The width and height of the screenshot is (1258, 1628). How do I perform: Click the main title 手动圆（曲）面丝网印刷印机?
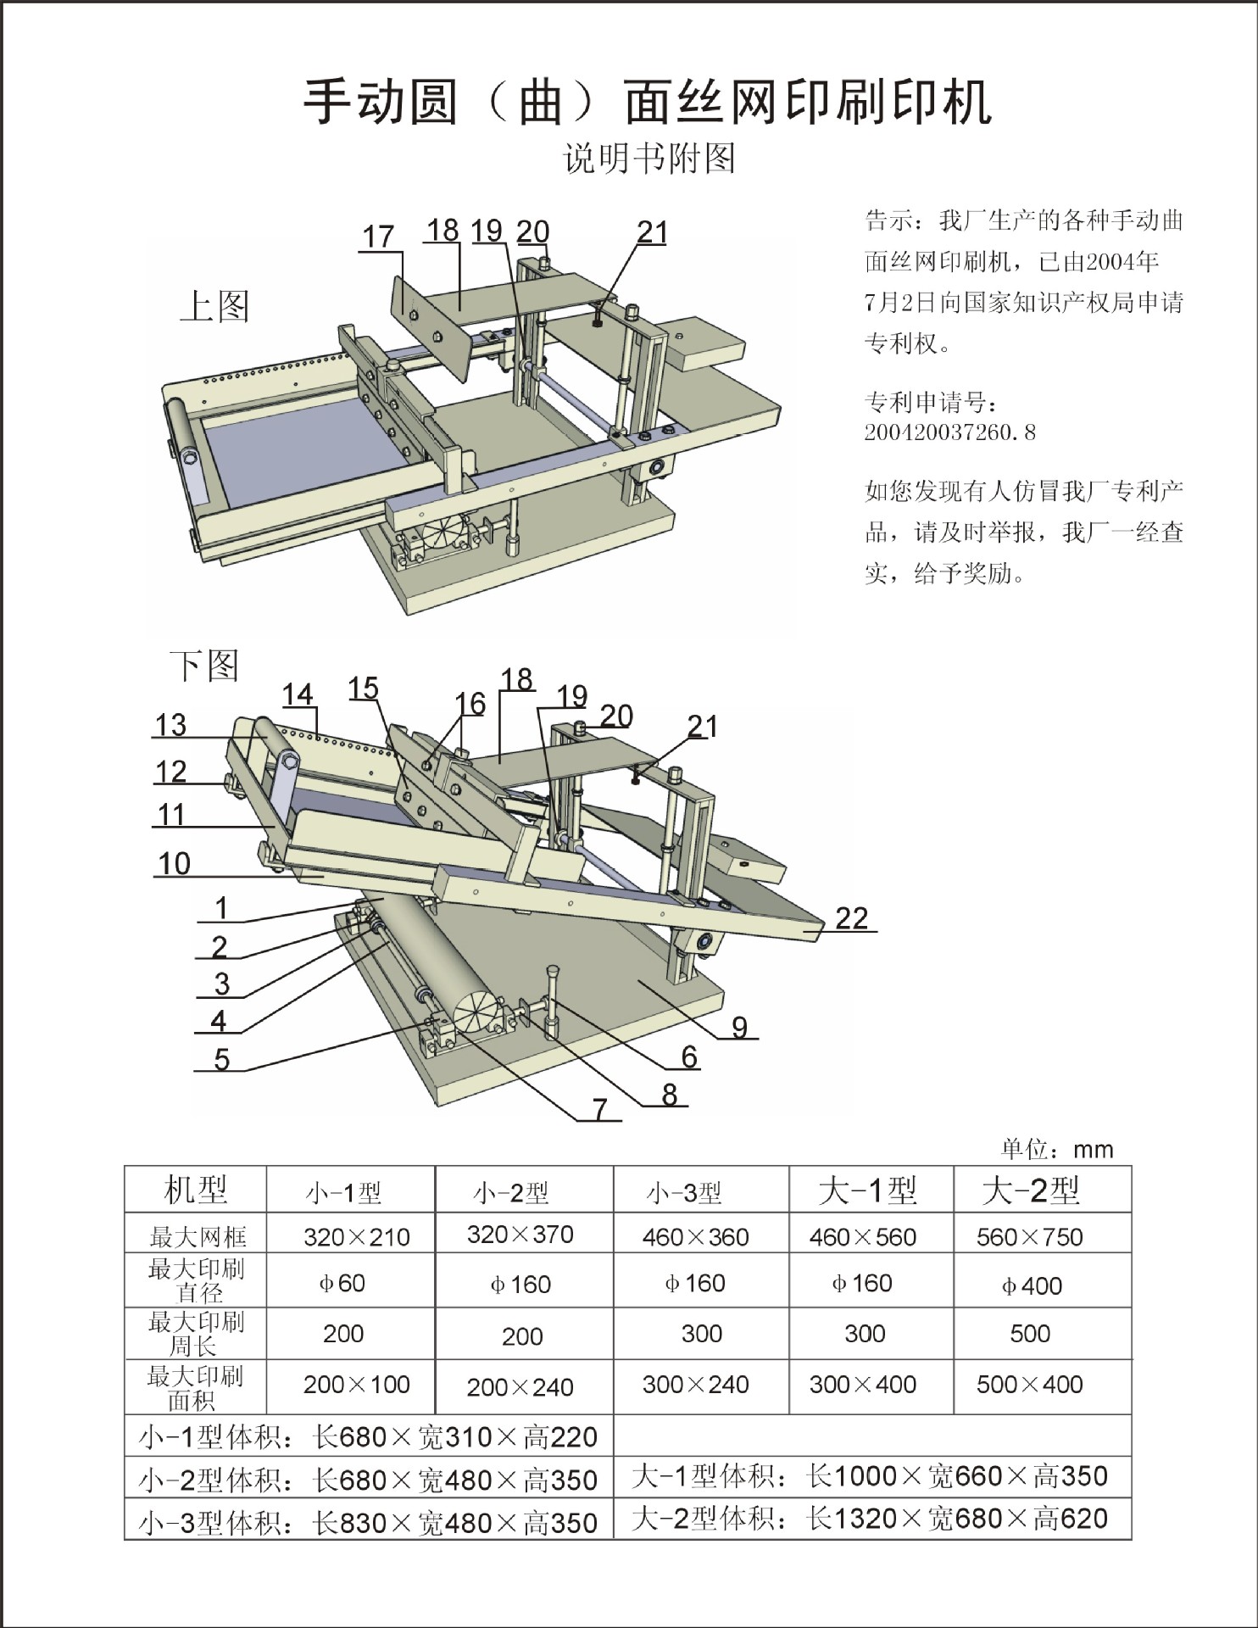[x=648, y=102]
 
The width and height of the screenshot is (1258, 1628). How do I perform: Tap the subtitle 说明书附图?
[x=649, y=159]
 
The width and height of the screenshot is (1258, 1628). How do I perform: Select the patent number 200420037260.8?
[x=949, y=432]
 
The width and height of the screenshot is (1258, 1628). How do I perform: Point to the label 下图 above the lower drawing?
[x=204, y=666]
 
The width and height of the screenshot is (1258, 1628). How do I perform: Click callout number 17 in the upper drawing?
[x=378, y=237]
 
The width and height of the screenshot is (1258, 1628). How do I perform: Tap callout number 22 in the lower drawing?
[x=851, y=917]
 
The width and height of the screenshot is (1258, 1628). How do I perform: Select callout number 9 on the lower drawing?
[x=740, y=1027]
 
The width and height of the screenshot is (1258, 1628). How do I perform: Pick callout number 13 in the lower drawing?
[x=170, y=725]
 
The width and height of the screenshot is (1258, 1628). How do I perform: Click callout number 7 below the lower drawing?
[x=600, y=1108]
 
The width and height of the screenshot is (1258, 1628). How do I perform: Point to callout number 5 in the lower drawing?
[x=221, y=1059]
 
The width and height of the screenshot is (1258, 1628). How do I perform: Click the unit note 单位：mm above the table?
[x=1056, y=1149]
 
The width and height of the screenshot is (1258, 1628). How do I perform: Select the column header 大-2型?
[x=1030, y=1190]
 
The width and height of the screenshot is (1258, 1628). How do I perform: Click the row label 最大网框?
[x=198, y=1237]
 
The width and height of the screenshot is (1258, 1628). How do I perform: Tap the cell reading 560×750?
[x=1029, y=1237]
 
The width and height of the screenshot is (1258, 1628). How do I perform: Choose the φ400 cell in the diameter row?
[x=1031, y=1285]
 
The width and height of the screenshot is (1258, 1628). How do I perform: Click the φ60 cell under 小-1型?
[x=342, y=1283]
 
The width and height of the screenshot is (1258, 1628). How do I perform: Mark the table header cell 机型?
[x=196, y=1190]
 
